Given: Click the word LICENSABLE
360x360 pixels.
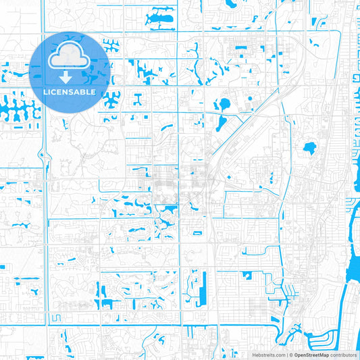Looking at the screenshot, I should tap(70, 92).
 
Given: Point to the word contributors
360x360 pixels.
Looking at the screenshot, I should tap(343, 354).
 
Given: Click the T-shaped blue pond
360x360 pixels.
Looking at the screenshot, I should tap(138, 99).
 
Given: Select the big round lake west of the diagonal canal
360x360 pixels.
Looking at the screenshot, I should tap(223, 105).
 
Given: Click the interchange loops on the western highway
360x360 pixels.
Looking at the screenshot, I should tap(45, 159).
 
